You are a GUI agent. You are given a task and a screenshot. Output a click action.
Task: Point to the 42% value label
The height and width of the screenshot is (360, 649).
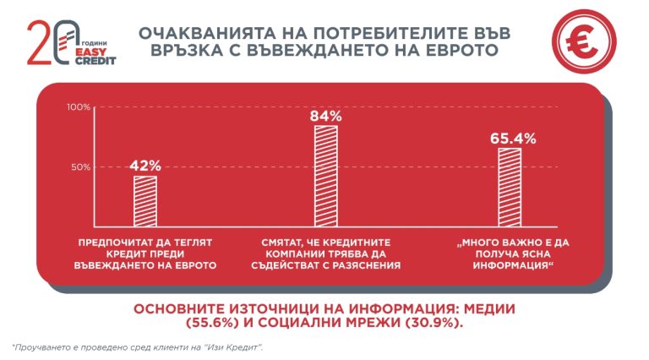145,166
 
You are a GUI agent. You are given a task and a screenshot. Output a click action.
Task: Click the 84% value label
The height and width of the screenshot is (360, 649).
325,115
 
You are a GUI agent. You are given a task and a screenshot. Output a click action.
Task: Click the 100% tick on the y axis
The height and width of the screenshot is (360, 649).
78,107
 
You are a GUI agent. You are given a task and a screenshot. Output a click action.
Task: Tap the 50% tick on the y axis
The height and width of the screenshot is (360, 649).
79,167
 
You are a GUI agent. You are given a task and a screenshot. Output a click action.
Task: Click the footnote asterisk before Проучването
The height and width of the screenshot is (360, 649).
14,346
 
